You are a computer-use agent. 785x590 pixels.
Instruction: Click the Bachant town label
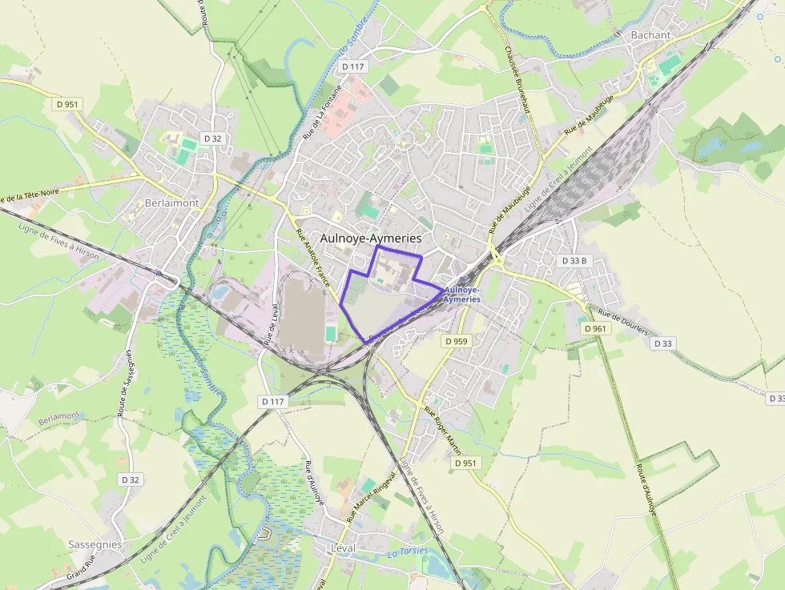click(x=650, y=34)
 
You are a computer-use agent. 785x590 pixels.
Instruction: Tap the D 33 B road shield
click(x=574, y=261)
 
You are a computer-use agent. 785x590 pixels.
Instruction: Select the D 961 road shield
click(x=596, y=328)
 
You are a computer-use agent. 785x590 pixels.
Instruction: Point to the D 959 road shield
click(x=456, y=341)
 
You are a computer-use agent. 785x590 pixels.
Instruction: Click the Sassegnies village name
click(x=95, y=544)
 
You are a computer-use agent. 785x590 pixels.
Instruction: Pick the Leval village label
click(x=342, y=548)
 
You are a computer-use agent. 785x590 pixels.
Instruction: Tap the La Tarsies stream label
click(x=408, y=552)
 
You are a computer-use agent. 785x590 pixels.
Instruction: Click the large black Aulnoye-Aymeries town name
click(x=370, y=238)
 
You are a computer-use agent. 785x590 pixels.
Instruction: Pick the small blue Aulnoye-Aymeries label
click(x=461, y=294)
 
